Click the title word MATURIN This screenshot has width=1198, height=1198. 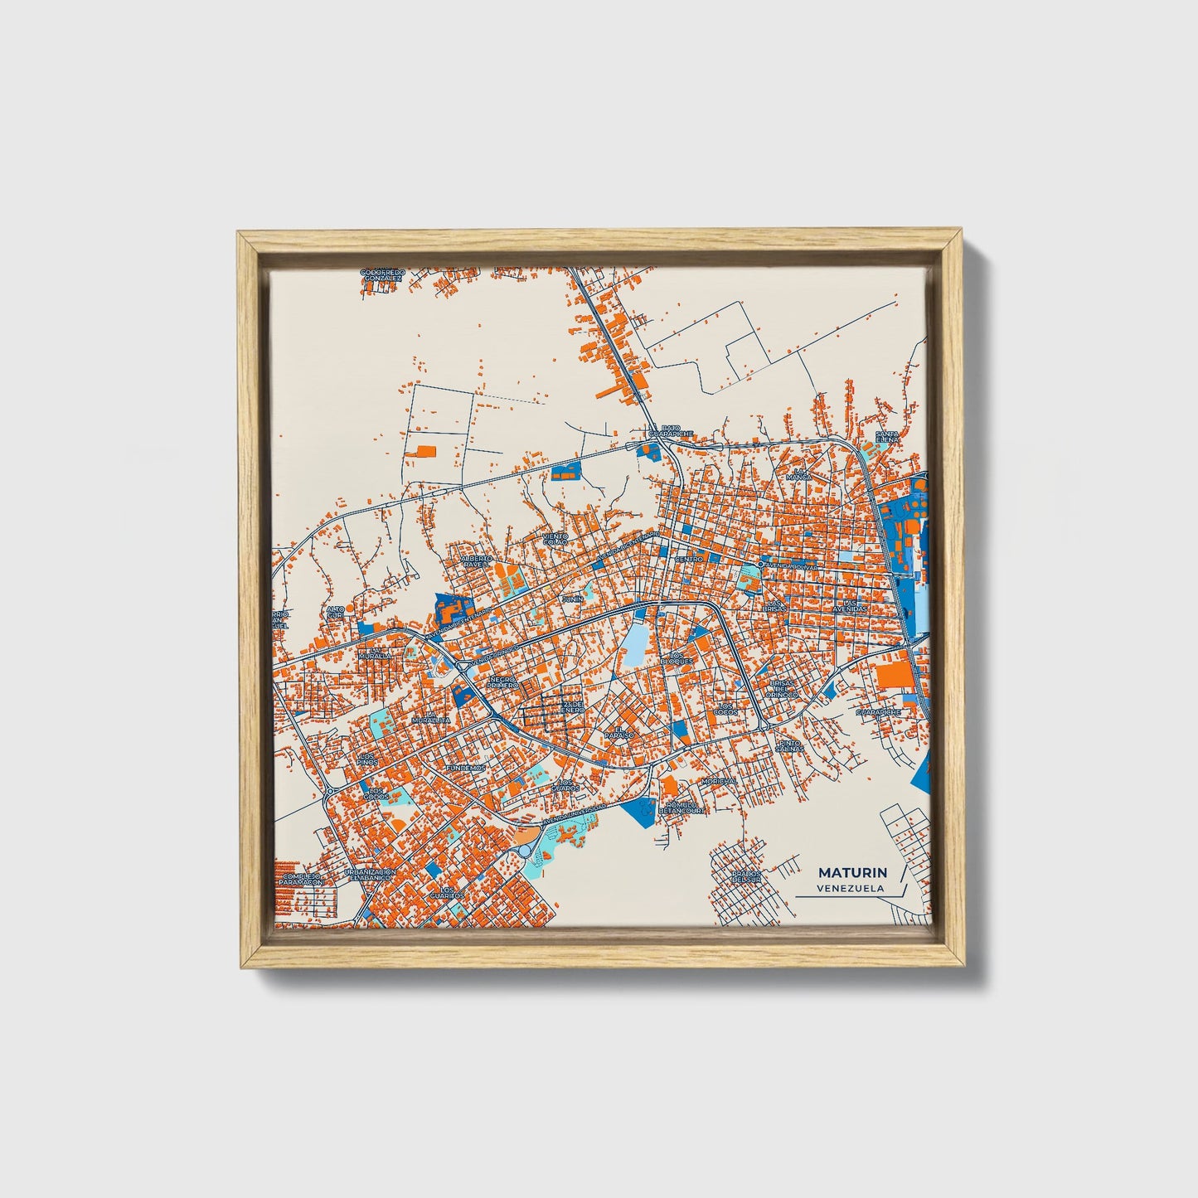852,872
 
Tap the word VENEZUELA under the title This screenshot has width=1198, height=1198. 849,888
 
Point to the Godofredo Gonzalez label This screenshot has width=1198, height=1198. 382,274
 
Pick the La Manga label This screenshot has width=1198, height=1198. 799,474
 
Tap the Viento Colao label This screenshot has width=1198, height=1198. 555,540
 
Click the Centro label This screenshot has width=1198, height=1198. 689,559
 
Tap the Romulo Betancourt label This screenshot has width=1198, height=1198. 685,808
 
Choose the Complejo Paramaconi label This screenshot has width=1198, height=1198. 300,879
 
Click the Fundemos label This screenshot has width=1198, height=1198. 465,768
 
